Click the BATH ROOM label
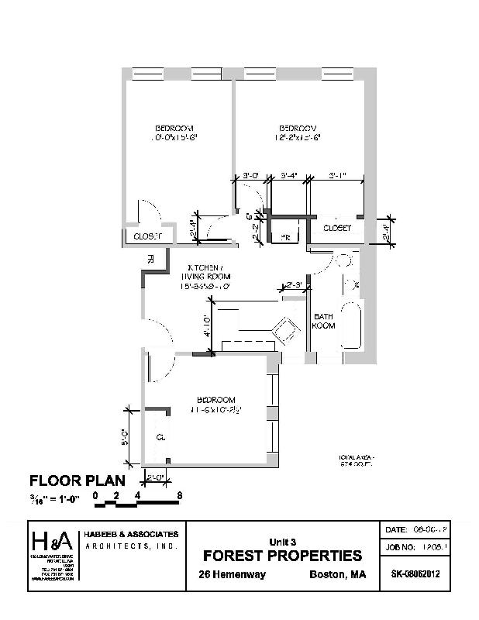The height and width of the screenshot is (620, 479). coord(324,321)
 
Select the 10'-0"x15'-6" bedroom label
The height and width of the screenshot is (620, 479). coord(174,133)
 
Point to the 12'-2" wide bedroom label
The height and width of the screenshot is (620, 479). coord(298,133)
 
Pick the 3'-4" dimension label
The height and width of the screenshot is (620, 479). coord(289,175)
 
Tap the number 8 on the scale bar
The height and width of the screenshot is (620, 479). coord(180,494)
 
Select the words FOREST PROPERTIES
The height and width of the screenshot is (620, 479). coord(282,555)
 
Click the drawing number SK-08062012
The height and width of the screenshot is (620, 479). coord(416,574)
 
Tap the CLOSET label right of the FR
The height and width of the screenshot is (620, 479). coord(337,229)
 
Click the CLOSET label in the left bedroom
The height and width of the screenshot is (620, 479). coord(147,236)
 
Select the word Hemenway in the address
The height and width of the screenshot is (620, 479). coord(240,574)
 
